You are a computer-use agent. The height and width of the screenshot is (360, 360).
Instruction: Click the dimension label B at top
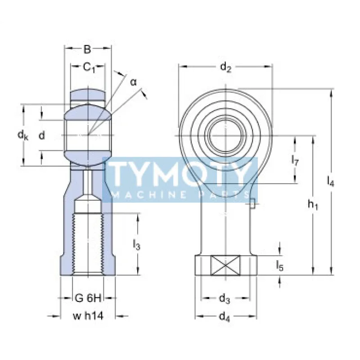(88, 50)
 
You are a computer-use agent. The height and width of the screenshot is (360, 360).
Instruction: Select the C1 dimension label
(89, 68)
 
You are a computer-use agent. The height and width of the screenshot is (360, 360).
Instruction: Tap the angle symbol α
(133, 82)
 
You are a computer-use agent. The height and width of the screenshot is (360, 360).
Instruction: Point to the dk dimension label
(22, 135)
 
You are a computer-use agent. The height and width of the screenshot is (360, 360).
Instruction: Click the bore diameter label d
(41, 135)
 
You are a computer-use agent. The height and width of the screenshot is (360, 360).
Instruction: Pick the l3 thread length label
(137, 245)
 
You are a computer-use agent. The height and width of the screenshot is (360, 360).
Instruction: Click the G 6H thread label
(87, 298)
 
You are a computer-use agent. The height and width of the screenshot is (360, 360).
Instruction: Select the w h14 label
(88, 316)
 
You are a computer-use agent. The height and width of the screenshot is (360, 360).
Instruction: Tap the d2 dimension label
(225, 68)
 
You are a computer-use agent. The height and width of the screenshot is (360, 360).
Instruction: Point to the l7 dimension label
(295, 160)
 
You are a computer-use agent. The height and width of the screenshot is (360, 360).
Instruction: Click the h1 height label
(313, 205)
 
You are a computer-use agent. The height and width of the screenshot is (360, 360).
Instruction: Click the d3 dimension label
(225, 298)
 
